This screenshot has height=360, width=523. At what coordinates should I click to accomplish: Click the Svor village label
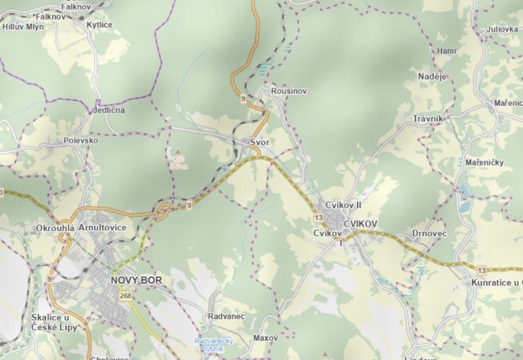click(259, 142)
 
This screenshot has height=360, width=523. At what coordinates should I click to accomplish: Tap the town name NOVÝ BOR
click(136, 280)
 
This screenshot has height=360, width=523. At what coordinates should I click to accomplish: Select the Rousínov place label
click(289, 91)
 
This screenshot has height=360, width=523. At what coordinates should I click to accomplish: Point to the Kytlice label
click(99, 25)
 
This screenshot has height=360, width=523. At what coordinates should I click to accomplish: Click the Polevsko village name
click(81, 140)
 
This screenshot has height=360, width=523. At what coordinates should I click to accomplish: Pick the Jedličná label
click(109, 110)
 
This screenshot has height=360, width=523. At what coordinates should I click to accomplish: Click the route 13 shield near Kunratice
click(482, 270)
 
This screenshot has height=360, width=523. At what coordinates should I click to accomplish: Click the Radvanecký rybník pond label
click(214, 345)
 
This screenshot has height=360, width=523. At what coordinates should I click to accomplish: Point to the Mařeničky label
click(484, 162)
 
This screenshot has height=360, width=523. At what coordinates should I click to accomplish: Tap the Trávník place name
click(428, 119)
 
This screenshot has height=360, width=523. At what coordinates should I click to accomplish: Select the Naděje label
click(432, 76)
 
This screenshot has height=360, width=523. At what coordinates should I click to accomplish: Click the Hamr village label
click(446, 51)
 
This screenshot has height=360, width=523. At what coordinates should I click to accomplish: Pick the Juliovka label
click(502, 30)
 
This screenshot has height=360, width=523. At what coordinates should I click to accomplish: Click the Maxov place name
click(266, 337)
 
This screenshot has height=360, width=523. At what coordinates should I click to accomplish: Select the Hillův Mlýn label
click(23, 27)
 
